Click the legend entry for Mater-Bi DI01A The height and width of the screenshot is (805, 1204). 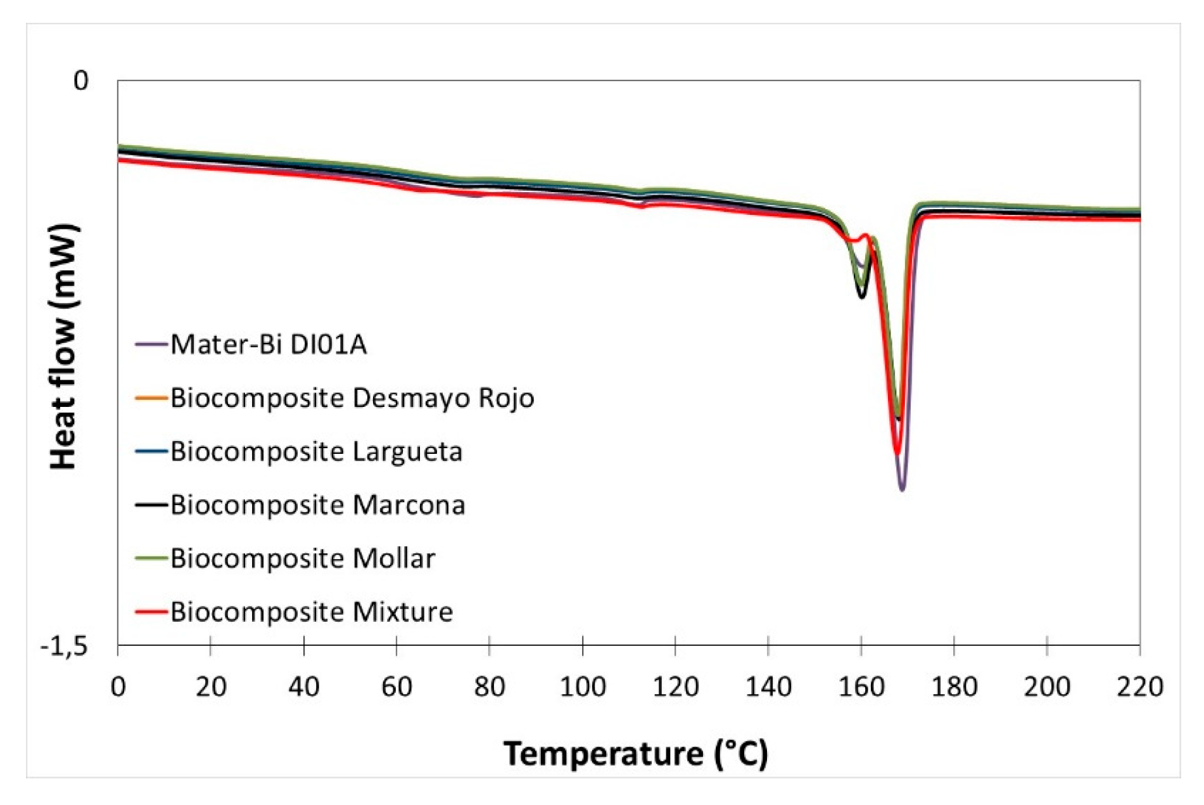pos(269,344)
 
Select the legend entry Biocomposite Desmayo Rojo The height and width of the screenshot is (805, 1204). pos(352,398)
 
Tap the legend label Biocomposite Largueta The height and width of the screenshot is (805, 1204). pos(316,451)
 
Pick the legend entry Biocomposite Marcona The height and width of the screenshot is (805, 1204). pos(317,505)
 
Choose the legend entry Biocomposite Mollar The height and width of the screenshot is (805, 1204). pos(303,558)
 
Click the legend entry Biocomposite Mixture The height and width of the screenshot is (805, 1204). pos(312,612)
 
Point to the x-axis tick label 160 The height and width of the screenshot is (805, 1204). pos(861,687)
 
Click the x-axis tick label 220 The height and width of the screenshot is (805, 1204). pos(1139,687)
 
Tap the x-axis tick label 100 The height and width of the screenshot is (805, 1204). pos(582,687)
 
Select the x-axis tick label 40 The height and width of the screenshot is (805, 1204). pos(303,687)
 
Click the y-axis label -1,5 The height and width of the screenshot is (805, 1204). pos(64,647)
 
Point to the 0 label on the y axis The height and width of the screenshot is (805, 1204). pos(81,80)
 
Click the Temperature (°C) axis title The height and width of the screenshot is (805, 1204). pos(635,754)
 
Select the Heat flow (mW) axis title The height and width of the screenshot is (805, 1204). pos(63,347)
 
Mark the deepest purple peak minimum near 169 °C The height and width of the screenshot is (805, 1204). pos(902,489)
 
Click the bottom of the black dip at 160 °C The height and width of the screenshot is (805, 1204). pos(861,296)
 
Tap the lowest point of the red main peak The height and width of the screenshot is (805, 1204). pos(897,453)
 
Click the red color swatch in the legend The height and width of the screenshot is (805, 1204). pos(151,612)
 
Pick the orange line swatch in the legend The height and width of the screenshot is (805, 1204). pos(151,398)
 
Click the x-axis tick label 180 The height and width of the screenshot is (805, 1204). pos(954,687)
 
